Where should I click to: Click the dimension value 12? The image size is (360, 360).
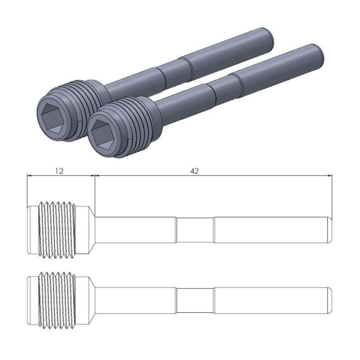pyautogui.click(x=59, y=171)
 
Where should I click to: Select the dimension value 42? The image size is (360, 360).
pyautogui.click(x=194, y=171)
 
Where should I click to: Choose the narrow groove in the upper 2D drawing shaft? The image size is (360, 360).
pyautogui.click(x=194, y=230)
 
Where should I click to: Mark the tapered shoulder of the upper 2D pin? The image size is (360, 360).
pyautogui.click(x=92, y=229)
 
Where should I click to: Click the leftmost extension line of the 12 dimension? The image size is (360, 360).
pyautogui.click(x=27, y=189)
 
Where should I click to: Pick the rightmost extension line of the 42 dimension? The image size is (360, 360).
pyautogui.click(x=332, y=193)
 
